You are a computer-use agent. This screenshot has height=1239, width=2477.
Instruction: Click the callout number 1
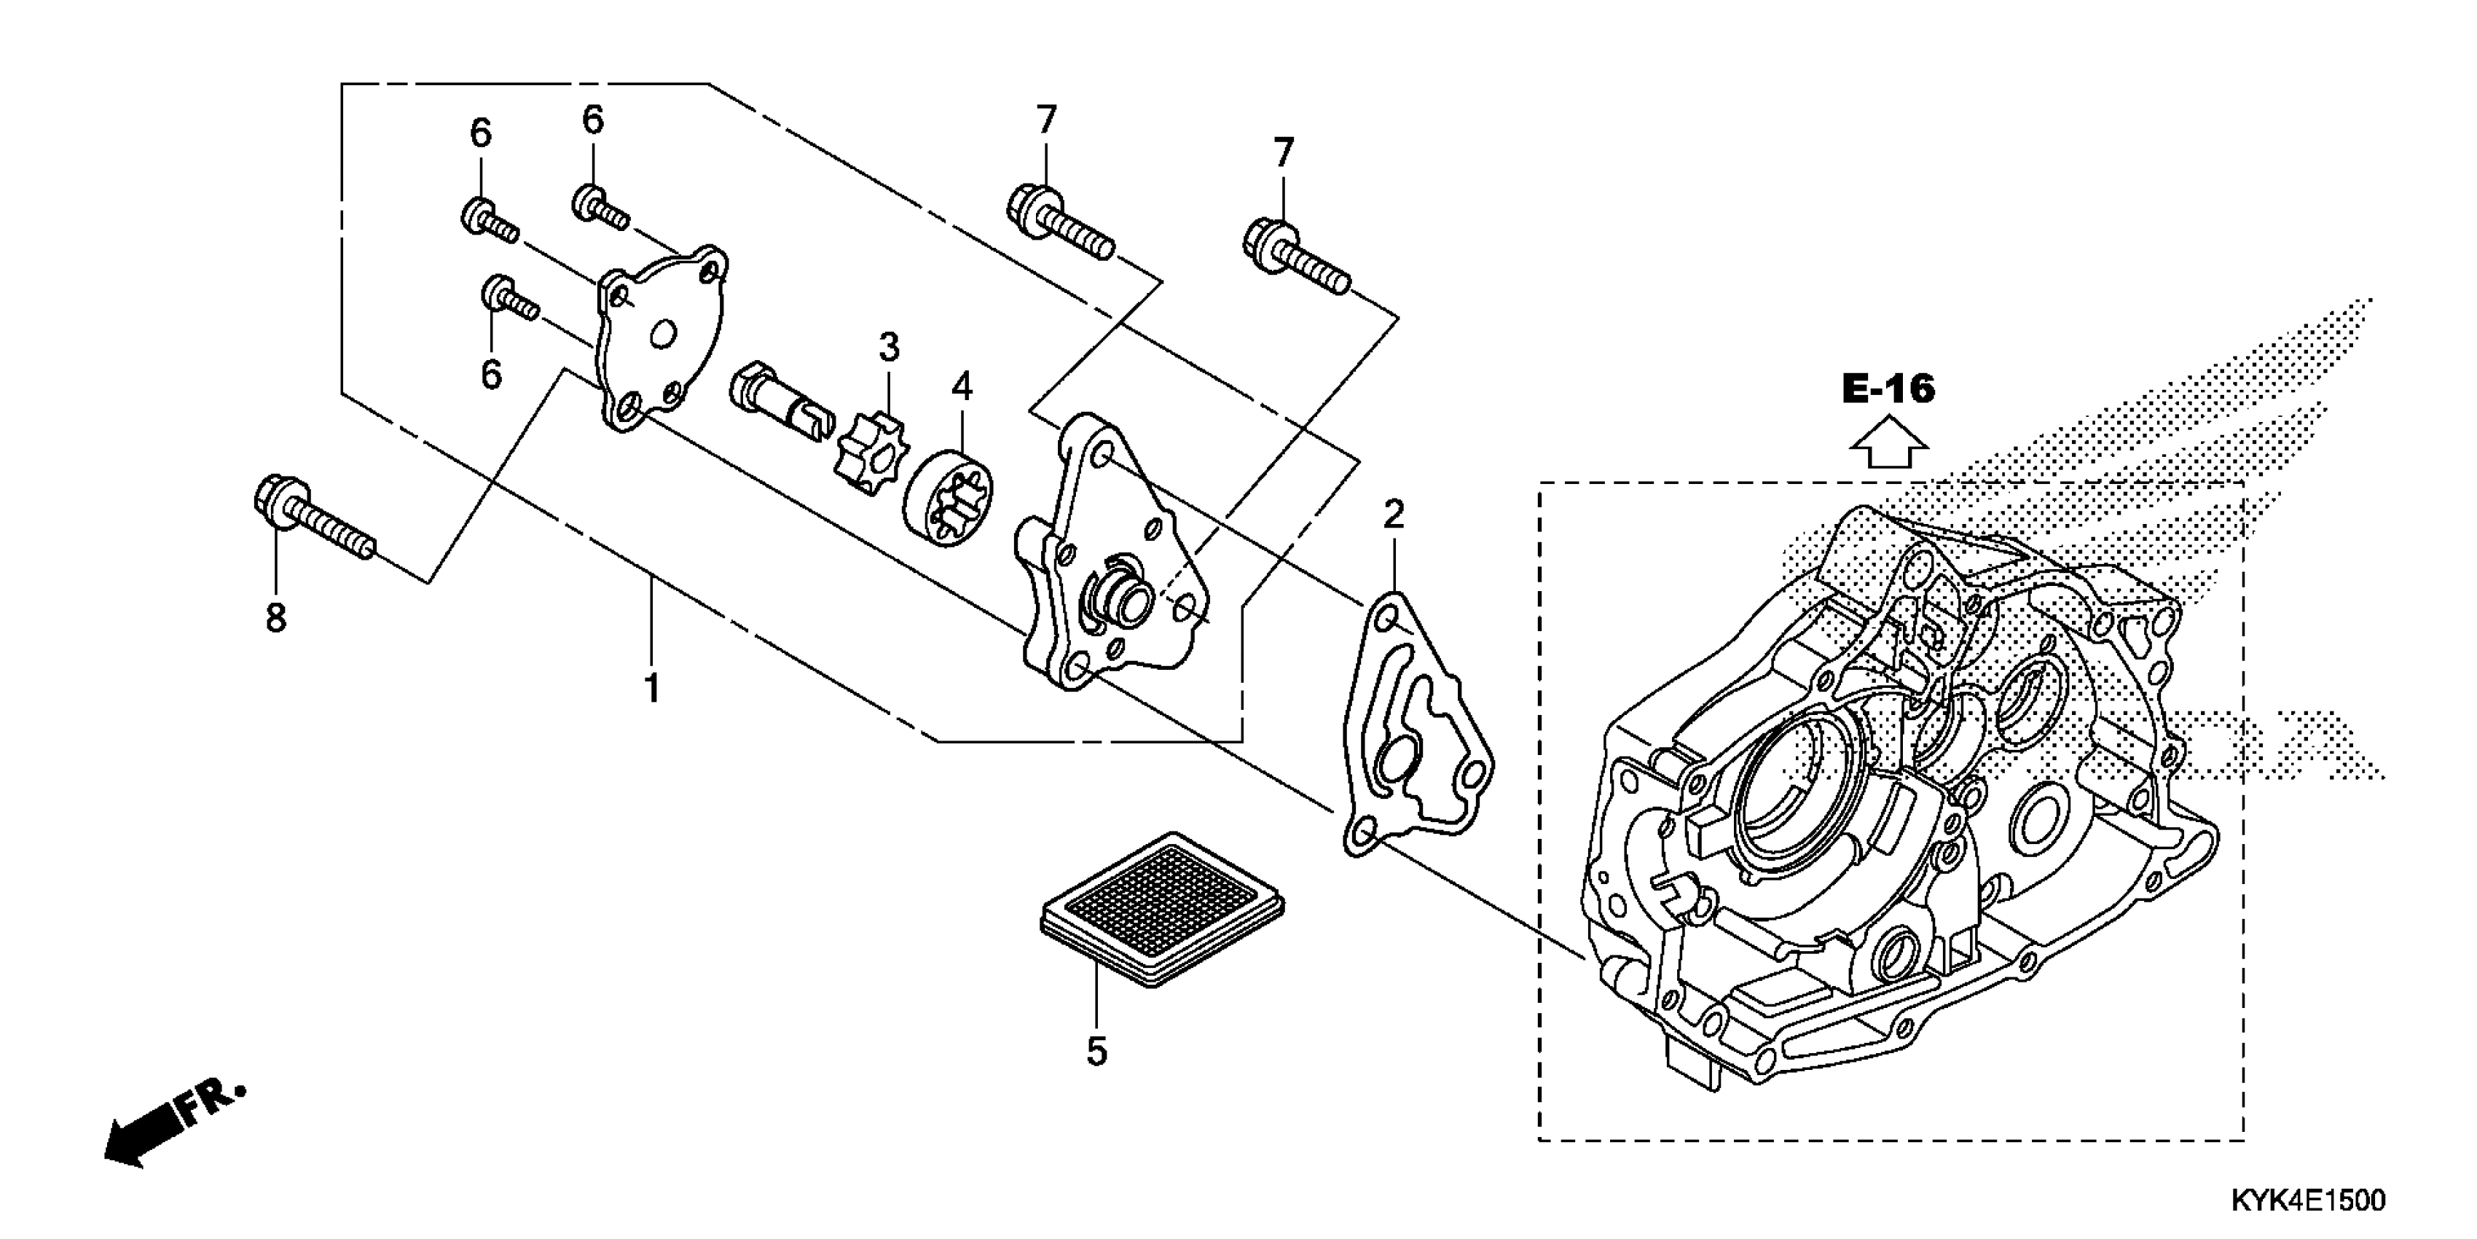[x=652, y=689]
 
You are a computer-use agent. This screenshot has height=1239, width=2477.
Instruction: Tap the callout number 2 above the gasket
[x=1393, y=515]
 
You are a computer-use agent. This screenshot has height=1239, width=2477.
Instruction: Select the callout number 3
[x=889, y=347]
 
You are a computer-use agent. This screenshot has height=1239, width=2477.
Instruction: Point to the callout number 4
[x=962, y=387]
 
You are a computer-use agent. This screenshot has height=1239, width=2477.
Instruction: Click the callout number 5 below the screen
[x=1096, y=1052]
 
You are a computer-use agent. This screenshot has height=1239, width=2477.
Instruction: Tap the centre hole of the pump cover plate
[x=662, y=336]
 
